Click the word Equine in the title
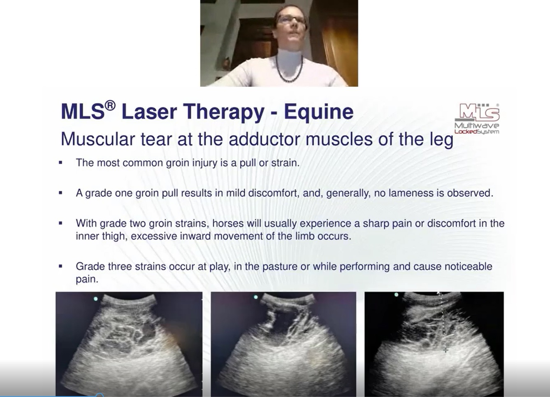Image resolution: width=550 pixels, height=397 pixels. tap(319, 112)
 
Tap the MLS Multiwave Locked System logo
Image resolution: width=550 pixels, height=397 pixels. tap(477, 118)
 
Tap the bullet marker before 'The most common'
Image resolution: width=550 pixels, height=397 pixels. tap(60, 163)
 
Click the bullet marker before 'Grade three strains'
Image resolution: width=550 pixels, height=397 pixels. tap(60, 266)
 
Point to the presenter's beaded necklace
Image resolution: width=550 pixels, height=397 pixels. tap(290, 71)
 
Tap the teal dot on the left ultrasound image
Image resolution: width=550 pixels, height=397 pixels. tap(96, 299)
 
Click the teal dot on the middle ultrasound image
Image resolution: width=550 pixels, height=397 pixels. tap(255, 297)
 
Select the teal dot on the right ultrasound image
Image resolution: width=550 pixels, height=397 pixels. tap(396, 295)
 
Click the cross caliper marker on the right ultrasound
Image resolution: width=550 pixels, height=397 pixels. tap(446, 350)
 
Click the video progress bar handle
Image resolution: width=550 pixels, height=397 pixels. tap(100, 395)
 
